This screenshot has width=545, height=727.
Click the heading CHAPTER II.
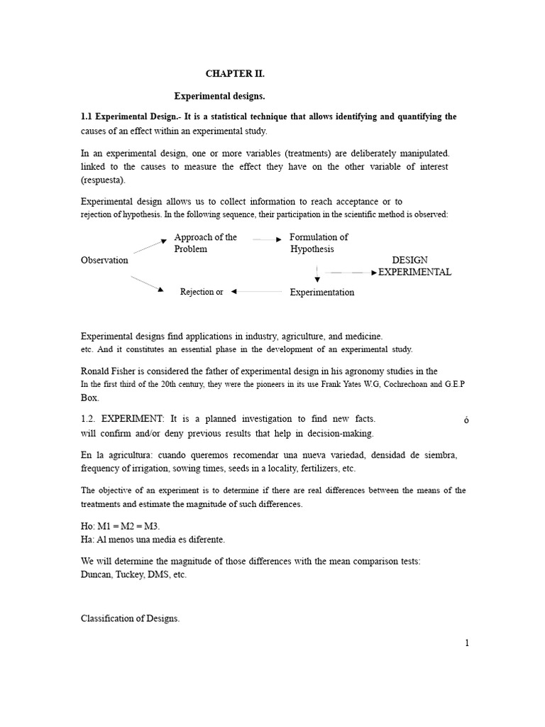pyautogui.click(x=236, y=73)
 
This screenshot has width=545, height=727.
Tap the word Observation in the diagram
pyautogui.click(x=104, y=261)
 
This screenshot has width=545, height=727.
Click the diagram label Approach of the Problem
pyautogui.click(x=206, y=243)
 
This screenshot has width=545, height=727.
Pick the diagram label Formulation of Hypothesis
pyautogui.click(x=319, y=243)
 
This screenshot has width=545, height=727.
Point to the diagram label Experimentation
pyautogui.click(x=322, y=293)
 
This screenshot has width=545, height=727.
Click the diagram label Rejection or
pyautogui.click(x=202, y=292)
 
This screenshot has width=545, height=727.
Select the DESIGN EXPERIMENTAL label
pyautogui.click(x=414, y=266)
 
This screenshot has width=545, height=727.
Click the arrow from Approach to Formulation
pyautogui.click(x=268, y=240)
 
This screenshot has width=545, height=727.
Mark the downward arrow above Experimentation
pyautogui.click(x=317, y=275)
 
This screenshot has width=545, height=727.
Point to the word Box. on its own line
pyautogui.click(x=89, y=398)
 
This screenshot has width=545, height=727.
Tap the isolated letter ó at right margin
pyautogui.click(x=466, y=420)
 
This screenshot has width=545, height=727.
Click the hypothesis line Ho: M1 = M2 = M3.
pyautogui.click(x=121, y=525)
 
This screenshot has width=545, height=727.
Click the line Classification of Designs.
pyautogui.click(x=131, y=619)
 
